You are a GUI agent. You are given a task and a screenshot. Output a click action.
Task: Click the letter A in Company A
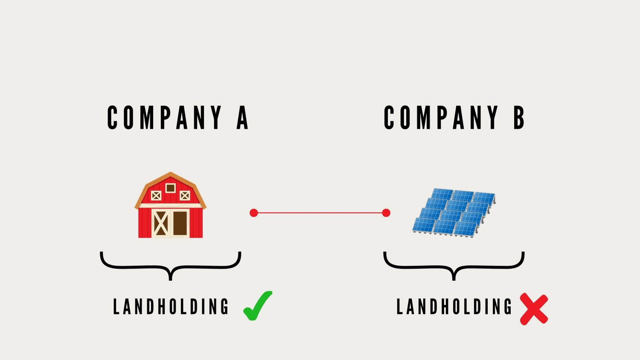point(242,117)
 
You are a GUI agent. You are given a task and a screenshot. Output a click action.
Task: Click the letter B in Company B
point(519,117)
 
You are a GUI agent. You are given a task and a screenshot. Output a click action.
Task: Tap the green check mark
point(257,306)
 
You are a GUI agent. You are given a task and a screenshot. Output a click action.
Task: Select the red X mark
point(534,309)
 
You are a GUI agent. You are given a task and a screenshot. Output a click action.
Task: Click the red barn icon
point(170,205)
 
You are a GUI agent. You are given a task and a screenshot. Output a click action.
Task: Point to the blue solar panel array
point(454,212)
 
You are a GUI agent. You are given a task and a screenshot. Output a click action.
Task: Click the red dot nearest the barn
point(254,213)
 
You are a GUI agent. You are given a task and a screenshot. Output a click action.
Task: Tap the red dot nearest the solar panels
point(386,213)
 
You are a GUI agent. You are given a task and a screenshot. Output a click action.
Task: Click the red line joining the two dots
point(320,213)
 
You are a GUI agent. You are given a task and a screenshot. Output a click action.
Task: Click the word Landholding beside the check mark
point(171,307)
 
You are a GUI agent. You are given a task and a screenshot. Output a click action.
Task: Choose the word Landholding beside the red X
point(454,307)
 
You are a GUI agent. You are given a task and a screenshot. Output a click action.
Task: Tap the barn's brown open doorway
point(180,224)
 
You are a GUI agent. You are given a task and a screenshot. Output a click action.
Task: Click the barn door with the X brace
point(160,224)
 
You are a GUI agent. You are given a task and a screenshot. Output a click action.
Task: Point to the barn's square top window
point(171,188)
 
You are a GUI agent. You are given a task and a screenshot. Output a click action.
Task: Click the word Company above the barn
point(164,117)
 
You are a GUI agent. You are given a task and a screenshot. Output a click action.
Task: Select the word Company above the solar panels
point(441,117)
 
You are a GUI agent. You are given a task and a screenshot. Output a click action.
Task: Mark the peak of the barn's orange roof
point(171,173)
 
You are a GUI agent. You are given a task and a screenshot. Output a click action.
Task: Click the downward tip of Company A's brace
point(171,280)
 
